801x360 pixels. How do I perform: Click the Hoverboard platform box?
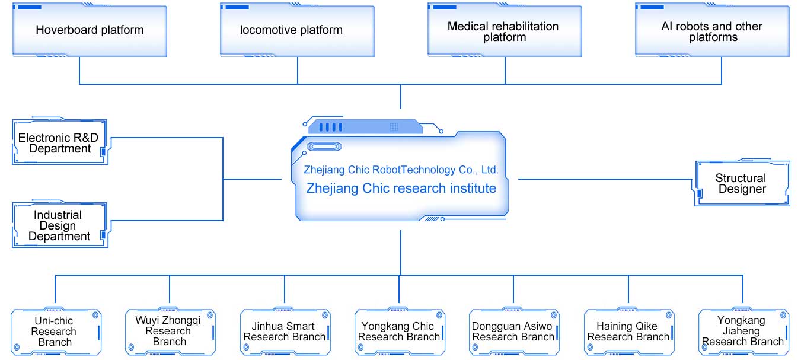coord(90,30)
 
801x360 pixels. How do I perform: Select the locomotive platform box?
coord(297,30)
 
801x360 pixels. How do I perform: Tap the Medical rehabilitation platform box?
coord(505,31)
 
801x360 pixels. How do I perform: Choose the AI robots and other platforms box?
coord(712,31)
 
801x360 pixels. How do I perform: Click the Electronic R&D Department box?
coord(59,143)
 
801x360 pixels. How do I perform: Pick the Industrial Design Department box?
coord(59,225)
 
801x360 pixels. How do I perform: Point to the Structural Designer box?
coord(742,183)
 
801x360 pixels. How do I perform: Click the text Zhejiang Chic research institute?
coord(401,189)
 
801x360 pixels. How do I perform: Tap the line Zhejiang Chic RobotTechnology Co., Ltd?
coord(401,170)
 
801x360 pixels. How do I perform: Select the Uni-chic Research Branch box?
coord(55,332)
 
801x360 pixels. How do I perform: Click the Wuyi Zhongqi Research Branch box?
coord(170,331)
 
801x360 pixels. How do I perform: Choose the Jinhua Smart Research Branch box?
coord(285,332)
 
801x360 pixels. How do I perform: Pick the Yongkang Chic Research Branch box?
coord(399,332)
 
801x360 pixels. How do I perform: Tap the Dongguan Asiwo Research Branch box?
coord(513,332)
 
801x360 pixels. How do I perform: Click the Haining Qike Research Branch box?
coord(628,332)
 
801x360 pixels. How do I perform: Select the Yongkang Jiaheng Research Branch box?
coord(743,331)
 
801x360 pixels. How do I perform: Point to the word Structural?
coord(741,178)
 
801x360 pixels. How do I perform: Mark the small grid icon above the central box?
coord(394,127)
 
